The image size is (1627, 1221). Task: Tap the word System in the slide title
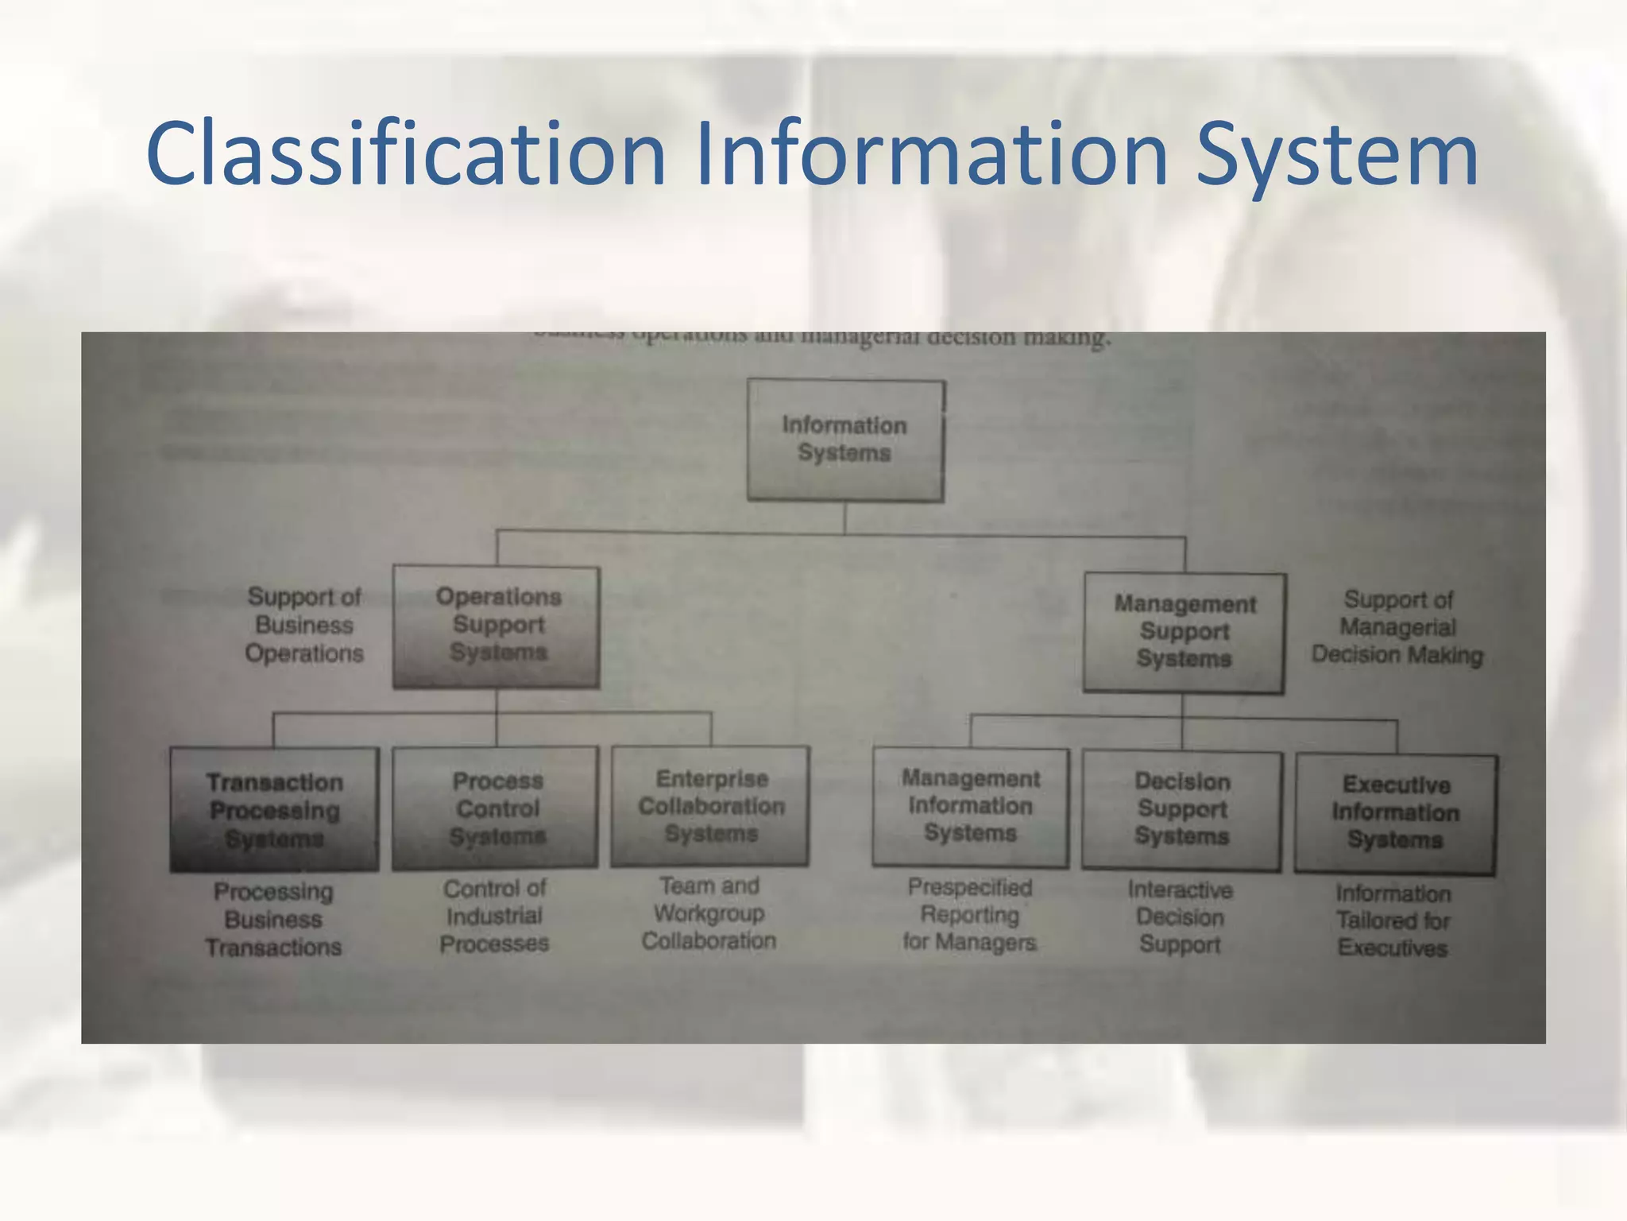pos(1336,153)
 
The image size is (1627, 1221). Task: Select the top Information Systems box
pos(845,440)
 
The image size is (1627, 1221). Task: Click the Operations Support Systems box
pos(497,626)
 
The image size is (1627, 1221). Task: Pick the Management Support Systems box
pos(1184,632)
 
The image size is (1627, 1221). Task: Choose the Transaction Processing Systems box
pos(274,809)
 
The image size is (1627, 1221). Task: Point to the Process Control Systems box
pos(496,808)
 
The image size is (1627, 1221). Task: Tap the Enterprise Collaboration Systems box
pos(711,806)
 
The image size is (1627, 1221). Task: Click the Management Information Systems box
pos(971,806)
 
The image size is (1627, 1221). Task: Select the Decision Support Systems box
pos(1182,809)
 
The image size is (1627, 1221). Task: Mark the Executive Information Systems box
pos(1396,813)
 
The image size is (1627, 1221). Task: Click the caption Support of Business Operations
pos(304,625)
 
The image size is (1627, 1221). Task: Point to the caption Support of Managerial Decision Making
pos(1397,627)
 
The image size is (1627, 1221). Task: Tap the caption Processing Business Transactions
pos(273,920)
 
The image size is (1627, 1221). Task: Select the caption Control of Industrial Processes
pos(494,916)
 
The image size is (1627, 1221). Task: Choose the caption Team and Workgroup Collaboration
pos(709,913)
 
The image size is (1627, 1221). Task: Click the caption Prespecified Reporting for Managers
pos(970,915)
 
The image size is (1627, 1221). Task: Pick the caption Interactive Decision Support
pos(1181,917)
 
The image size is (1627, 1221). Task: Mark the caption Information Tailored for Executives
pos(1393,921)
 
